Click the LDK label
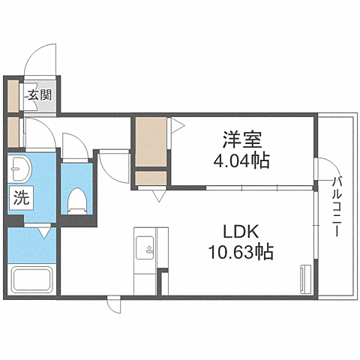click(241, 230)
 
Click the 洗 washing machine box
click(20, 199)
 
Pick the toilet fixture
click(76, 199)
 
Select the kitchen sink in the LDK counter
click(144, 244)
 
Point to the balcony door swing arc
click(325, 171)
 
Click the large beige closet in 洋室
click(151, 143)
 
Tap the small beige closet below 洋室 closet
click(151, 180)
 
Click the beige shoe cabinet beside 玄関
click(13, 94)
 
